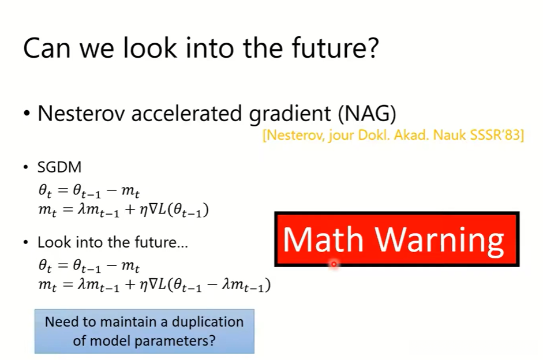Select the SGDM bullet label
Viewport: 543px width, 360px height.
[59, 167]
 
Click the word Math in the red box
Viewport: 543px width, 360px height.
[323, 239]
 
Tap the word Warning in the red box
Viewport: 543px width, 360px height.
[440, 241]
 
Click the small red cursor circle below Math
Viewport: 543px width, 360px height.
[334, 264]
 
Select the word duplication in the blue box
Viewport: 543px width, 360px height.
[208, 322]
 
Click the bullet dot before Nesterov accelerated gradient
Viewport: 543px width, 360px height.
[27, 114]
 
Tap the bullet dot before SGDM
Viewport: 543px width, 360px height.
[25, 167]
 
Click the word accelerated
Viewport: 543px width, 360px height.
[186, 114]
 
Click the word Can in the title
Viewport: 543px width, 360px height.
[47, 48]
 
